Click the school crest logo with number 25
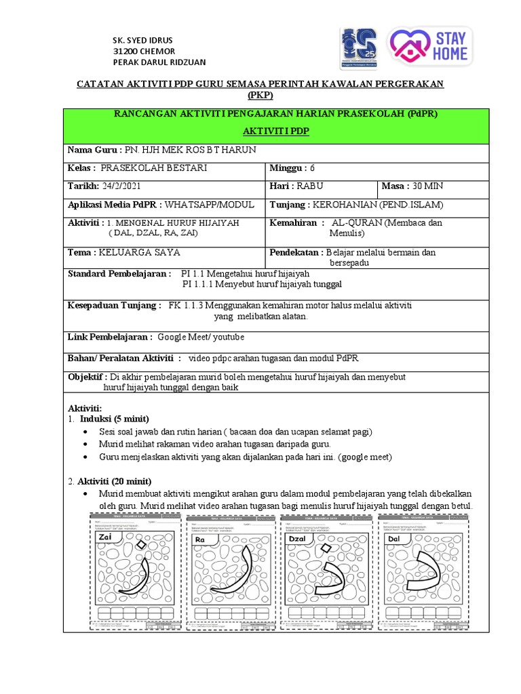pyautogui.click(x=360, y=48)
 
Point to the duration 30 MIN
pyautogui.click(x=426, y=186)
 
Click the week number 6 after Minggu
pyautogui.click(x=312, y=167)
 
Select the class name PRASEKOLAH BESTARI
pyautogui.click(x=154, y=167)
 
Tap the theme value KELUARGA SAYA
pyautogui.click(x=139, y=252)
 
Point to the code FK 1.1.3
pyautogui.click(x=186, y=305)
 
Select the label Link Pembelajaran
pyautogui.click(x=110, y=336)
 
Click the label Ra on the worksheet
pyautogui.click(x=200, y=539)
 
